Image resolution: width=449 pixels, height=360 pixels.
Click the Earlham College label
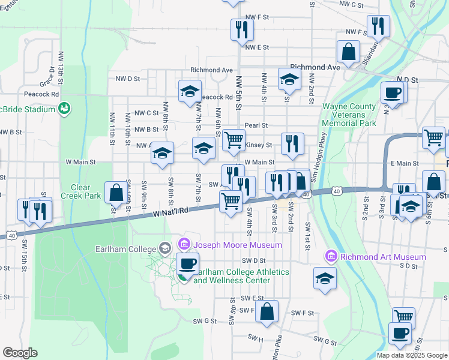pos(125,248)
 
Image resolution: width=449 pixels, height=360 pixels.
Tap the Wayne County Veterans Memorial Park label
pos(349,115)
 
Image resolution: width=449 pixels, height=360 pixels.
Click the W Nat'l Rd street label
pos(170,212)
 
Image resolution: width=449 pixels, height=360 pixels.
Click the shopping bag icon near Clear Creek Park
pos(116,193)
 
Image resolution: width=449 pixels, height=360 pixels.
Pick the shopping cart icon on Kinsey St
pos(234,140)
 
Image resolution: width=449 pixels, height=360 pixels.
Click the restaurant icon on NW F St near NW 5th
pos(241,29)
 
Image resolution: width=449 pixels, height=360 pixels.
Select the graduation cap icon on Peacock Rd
pos(190,91)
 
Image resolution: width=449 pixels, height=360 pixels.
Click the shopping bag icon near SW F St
pos(267,311)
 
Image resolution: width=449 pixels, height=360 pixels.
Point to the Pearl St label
pos(256,125)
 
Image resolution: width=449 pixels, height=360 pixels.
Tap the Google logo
pos(20,353)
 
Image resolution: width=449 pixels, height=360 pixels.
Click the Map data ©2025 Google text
pos(412,355)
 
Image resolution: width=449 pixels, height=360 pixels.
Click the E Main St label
pos(404,163)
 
